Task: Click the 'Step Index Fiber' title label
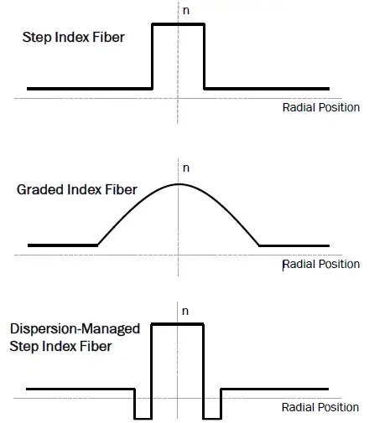tap(73, 37)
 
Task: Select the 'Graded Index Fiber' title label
tap(77, 189)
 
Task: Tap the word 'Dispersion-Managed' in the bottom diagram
tap(75, 329)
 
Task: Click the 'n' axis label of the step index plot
tap(186, 11)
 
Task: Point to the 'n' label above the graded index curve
tap(186, 168)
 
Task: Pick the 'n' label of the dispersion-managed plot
tap(185, 312)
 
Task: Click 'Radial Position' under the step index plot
tap(321, 107)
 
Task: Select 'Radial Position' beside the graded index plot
tap(321, 264)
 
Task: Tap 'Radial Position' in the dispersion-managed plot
tap(320, 407)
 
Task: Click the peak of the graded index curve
tap(179, 184)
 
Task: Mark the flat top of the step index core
tap(179, 24)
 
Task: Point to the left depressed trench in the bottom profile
tap(143, 419)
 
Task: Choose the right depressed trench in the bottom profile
tap(212, 419)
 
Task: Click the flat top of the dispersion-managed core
tap(178, 324)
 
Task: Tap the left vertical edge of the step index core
tap(152, 57)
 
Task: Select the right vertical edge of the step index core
tap(205, 57)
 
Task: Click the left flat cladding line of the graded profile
tap(63, 245)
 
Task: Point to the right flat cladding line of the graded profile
tap(294, 246)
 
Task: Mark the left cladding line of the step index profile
tap(90, 89)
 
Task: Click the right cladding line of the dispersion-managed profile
tap(274, 389)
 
